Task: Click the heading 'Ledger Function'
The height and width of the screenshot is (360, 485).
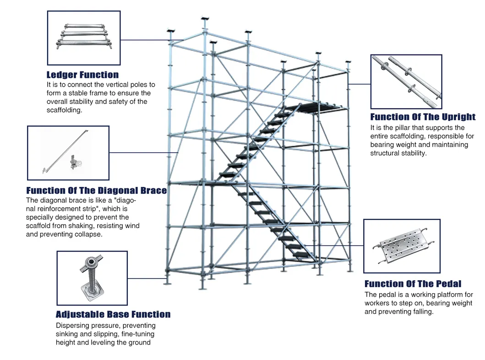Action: coord(82,75)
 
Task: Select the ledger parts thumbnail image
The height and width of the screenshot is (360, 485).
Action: coord(84,38)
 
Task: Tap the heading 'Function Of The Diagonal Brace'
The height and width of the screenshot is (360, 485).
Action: coord(96,191)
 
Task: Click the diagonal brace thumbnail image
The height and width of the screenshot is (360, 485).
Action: coord(68,153)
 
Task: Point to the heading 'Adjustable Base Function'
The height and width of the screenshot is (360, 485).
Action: coord(113,315)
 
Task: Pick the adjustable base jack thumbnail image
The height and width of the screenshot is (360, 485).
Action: coord(92,278)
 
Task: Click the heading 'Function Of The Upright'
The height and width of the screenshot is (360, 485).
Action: coord(423,117)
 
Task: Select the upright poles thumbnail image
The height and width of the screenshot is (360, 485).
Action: coord(406,82)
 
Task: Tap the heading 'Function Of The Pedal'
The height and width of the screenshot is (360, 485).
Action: coord(413,284)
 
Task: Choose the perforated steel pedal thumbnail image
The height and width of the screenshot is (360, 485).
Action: coord(402,246)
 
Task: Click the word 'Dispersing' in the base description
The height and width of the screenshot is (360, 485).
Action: coord(73,326)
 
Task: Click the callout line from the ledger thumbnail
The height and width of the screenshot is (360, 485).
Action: coord(151,40)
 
